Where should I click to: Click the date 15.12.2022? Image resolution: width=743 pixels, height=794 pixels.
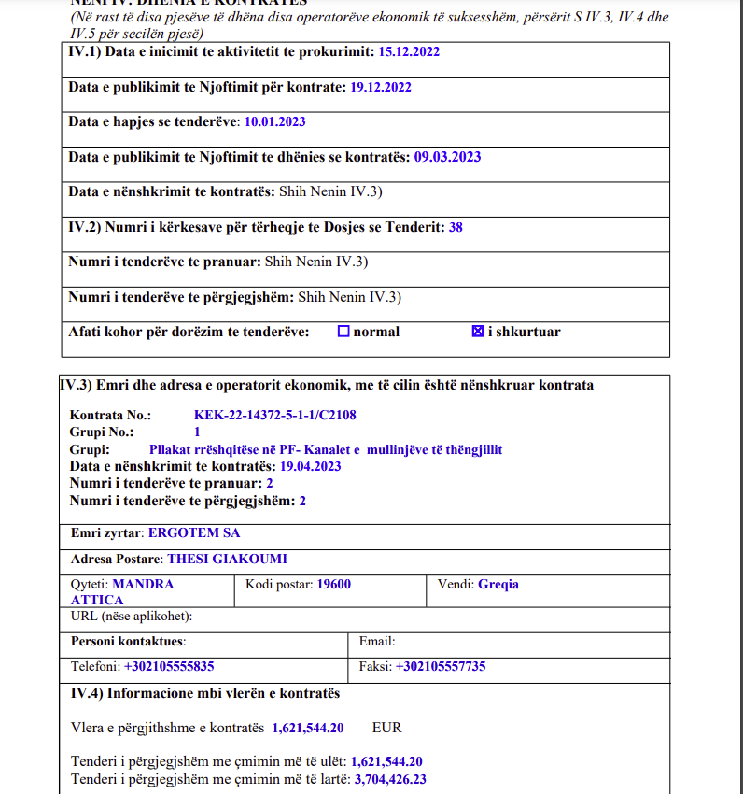tap(409, 51)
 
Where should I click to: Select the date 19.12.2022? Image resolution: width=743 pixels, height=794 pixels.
tap(381, 87)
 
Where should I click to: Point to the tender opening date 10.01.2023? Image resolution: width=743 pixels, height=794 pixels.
tap(274, 121)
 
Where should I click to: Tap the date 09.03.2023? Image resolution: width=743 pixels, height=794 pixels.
tap(447, 157)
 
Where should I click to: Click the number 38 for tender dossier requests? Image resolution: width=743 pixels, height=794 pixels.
tap(456, 227)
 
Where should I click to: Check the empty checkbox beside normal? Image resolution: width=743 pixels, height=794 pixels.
tap(343, 332)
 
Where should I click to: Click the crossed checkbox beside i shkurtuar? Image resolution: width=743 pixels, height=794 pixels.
tap(478, 332)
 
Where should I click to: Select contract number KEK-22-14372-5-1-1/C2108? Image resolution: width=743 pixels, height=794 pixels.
tap(275, 415)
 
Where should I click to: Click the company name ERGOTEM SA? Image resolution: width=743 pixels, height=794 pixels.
tap(194, 532)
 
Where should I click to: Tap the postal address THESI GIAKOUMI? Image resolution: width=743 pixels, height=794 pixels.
tap(227, 560)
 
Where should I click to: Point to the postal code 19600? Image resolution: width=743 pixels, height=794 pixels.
tap(334, 584)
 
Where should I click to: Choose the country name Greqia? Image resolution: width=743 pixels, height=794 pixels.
tap(498, 584)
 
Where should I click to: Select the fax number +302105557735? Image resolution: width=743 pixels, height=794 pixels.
tap(441, 667)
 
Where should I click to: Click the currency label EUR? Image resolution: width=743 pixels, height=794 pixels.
tap(386, 727)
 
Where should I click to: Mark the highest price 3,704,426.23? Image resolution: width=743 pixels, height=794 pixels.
tap(390, 779)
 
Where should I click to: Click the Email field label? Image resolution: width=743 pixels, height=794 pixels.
tap(377, 642)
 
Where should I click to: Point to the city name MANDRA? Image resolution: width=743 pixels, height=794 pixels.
tap(143, 584)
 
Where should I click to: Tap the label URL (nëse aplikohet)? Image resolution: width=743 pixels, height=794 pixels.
tap(132, 617)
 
